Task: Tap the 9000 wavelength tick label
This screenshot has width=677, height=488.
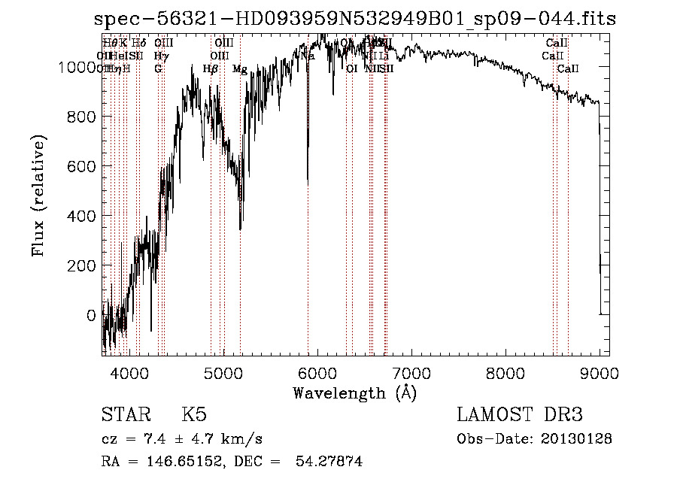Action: (599, 371)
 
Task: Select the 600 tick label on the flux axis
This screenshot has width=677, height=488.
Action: (83, 166)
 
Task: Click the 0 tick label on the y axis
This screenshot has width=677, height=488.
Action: (93, 315)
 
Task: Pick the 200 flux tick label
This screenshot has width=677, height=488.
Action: (83, 265)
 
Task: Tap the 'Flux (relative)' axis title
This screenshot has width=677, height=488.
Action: (38, 196)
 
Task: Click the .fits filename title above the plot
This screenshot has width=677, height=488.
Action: (355, 19)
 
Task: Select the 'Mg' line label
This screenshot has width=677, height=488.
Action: (240, 69)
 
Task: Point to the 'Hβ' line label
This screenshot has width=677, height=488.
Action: (211, 69)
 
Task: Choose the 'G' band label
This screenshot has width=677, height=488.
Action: (158, 69)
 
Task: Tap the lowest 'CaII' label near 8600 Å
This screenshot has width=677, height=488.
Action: (568, 69)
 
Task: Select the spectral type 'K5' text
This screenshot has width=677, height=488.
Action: (194, 415)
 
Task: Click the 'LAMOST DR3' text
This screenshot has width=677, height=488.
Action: (520, 415)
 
